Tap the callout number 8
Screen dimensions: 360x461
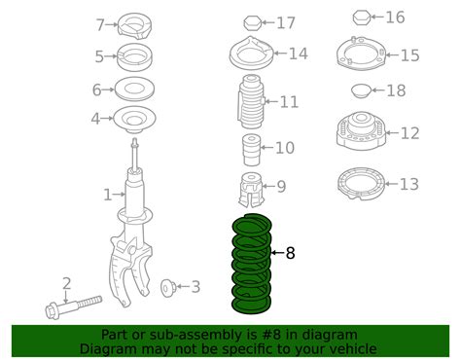tap(290, 253)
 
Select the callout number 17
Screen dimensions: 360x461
tap(286, 22)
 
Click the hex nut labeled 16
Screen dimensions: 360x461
tap(355, 18)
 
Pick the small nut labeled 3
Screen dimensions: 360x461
tap(166, 286)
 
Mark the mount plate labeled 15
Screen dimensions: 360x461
tap(355, 54)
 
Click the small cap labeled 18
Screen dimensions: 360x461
tap(356, 91)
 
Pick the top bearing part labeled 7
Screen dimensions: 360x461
tap(133, 24)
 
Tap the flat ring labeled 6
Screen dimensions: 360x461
tap(135, 90)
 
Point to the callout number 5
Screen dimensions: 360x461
tap(99, 55)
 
